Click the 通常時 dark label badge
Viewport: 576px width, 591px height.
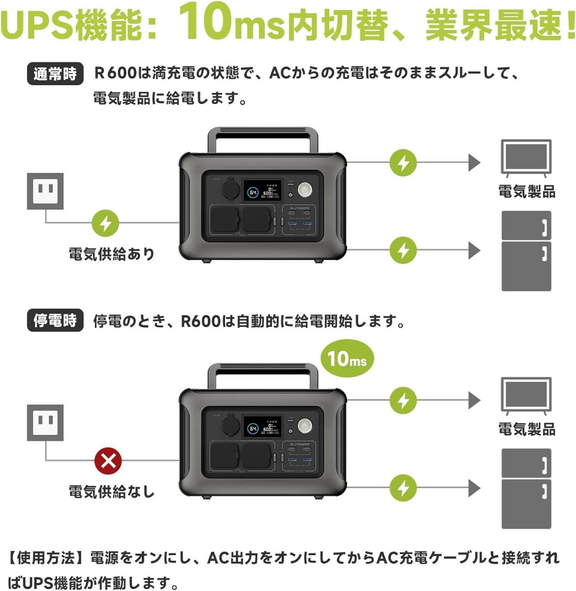(55, 74)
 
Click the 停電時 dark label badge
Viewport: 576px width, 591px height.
(55, 321)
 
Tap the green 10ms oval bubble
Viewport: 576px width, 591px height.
(347, 359)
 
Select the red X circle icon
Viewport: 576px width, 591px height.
(108, 461)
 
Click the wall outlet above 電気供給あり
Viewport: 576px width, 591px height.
(45, 191)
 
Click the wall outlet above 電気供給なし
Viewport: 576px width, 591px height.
(45, 423)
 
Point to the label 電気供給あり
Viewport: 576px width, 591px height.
(112, 254)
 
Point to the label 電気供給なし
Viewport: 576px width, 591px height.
(112, 492)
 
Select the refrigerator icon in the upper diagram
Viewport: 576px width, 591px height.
(526, 251)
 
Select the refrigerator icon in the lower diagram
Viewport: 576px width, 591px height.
(526, 489)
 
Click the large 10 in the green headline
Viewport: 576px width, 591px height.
(206, 22)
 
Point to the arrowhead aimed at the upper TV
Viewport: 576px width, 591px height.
(474, 163)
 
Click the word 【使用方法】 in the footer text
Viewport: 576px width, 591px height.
(48, 558)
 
